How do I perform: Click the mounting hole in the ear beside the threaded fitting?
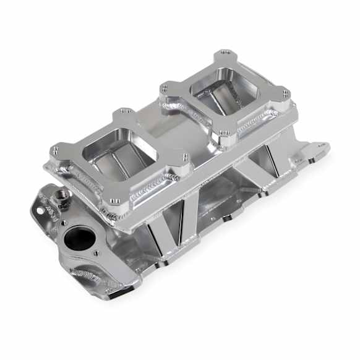click(x=43, y=210)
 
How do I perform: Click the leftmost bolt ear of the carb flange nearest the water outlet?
click(x=56, y=150)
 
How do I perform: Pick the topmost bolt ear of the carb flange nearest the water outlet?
click(x=124, y=113)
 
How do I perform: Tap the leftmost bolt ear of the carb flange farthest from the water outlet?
click(x=165, y=89)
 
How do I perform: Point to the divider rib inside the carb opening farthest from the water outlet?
click(x=226, y=99)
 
